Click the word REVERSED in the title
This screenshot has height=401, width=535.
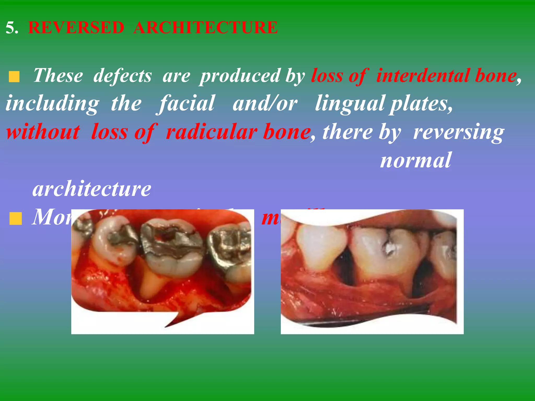tap(76, 27)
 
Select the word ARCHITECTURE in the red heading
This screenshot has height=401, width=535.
tap(205, 27)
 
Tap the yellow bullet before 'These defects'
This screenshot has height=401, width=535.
tap(14, 77)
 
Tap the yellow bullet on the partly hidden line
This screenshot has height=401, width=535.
tap(15, 219)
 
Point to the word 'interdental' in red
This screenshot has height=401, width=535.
tap(423, 76)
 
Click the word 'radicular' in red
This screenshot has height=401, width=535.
tap(212, 132)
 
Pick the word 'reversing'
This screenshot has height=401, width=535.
tap(458, 132)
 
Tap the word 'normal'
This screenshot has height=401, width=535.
tap(415, 160)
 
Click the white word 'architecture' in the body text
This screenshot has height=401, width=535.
tap(92, 188)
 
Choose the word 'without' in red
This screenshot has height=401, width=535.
tap(43, 132)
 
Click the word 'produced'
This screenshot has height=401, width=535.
tap(240, 76)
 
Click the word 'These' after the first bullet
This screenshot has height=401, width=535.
tap(58, 76)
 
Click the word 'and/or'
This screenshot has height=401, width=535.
tap(265, 103)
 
